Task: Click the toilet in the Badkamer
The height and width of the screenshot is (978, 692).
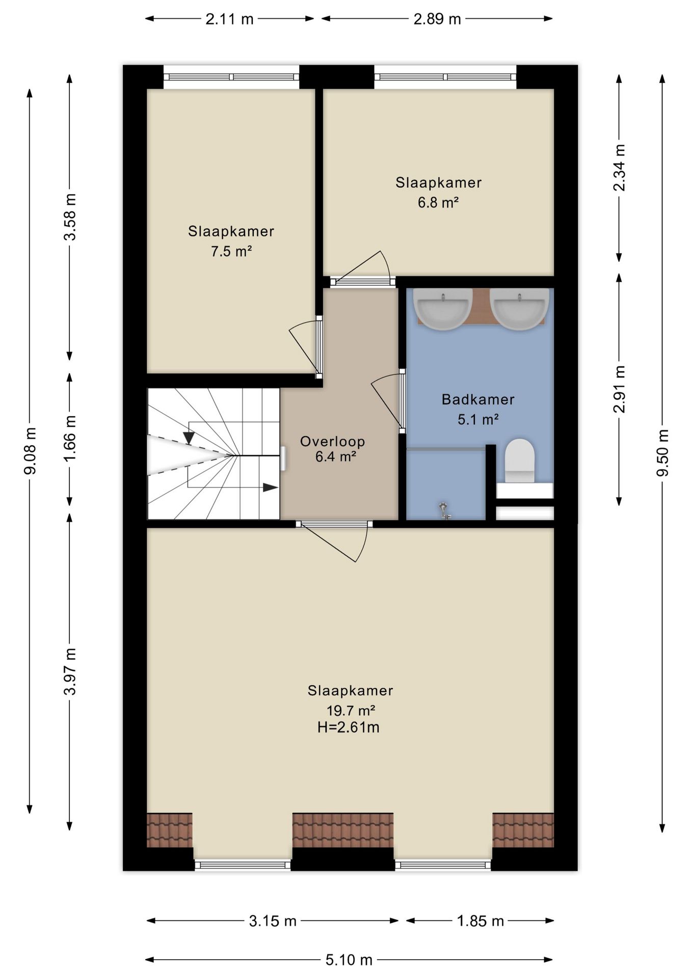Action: pos(519,460)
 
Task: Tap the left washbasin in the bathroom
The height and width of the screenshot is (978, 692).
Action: pos(442,309)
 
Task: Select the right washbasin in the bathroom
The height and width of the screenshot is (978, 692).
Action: pos(519,309)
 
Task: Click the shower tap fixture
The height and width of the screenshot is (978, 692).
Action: pos(445,511)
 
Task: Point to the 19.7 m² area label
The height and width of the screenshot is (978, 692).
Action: pos(351,710)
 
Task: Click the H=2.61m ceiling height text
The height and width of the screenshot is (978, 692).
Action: pos(349,727)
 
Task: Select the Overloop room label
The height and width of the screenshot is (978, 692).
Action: pos(332,441)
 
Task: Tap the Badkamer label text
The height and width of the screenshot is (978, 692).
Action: pos(478,399)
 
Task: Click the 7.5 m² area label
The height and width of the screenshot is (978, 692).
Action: pos(231,251)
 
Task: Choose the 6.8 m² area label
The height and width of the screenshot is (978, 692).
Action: pos(438,202)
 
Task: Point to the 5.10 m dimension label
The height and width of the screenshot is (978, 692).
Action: pos(349,960)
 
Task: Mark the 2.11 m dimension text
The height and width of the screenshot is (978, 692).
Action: pos(229,19)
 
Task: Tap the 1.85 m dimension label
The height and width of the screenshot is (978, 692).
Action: pos(480,921)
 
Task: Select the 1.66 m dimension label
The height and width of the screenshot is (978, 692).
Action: pos(69,438)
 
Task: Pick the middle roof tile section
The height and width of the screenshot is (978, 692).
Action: pos(342,830)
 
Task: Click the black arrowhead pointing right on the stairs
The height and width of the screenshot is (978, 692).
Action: pos(270,487)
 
